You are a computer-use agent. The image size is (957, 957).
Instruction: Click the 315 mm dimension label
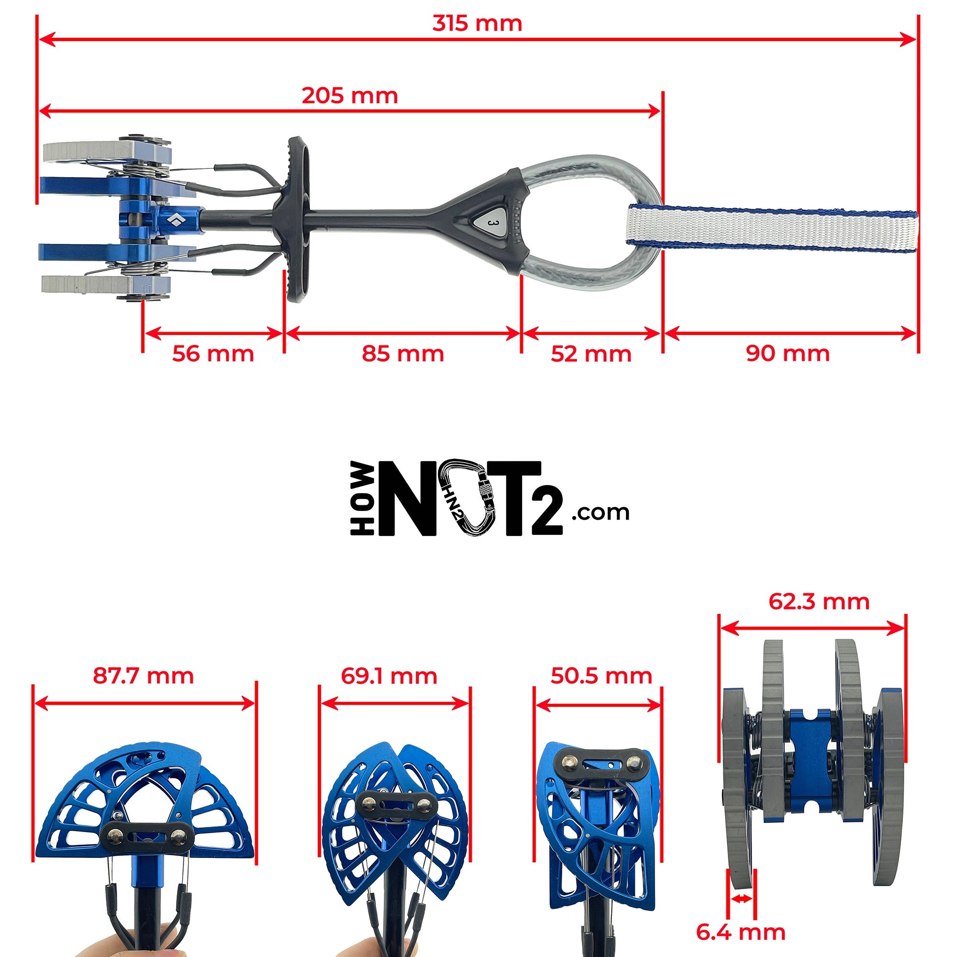tap(477, 24)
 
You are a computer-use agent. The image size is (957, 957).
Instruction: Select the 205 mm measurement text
tap(350, 96)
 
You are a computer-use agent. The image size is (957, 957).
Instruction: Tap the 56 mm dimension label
tap(213, 354)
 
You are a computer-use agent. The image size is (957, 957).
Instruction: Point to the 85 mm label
tap(403, 354)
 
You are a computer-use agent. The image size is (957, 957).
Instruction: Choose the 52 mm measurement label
tap(591, 354)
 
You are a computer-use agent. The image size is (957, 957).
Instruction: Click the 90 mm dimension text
tap(788, 354)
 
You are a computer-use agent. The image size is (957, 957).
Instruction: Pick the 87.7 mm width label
tap(143, 676)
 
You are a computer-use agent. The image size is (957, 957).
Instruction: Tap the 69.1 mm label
tap(389, 676)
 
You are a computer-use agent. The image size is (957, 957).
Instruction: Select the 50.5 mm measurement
tap(601, 676)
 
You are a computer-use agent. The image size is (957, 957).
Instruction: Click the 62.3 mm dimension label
tap(819, 601)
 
